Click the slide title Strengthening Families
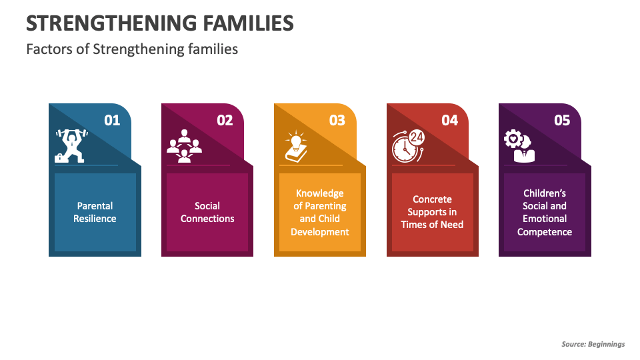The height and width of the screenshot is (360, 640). (x=159, y=23)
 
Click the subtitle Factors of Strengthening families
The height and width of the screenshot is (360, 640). (x=132, y=49)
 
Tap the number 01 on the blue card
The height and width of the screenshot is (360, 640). (x=112, y=120)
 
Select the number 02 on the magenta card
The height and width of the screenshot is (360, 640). (x=225, y=120)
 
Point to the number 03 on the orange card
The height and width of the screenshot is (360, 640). (x=337, y=120)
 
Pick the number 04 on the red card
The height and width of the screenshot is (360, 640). (x=450, y=120)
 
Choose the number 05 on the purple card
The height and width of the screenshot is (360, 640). (x=562, y=120)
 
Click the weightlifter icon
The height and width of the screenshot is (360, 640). (x=70, y=146)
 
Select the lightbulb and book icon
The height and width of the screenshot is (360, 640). (x=295, y=146)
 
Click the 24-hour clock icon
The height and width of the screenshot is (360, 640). (x=407, y=146)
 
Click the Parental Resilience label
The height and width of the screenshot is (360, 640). (x=95, y=212)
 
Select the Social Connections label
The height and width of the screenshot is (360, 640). (x=207, y=212)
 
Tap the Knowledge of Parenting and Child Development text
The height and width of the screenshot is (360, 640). (x=320, y=212)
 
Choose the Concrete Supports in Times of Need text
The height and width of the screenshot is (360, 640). (x=432, y=212)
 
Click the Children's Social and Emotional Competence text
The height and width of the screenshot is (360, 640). (x=545, y=212)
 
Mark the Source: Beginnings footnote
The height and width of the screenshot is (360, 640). (x=593, y=344)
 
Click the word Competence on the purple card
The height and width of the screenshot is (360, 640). (x=545, y=232)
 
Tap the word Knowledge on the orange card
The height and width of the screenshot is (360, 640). (x=320, y=193)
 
